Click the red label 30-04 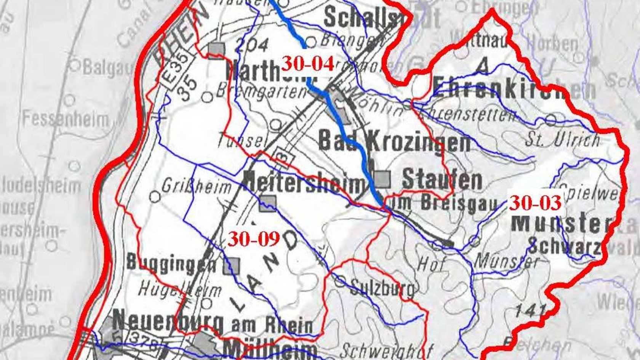(307, 64)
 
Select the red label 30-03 (535, 203)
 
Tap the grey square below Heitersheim (268, 204)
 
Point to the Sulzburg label (382, 288)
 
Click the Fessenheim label (65, 119)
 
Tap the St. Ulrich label (562, 140)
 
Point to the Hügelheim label (179, 290)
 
